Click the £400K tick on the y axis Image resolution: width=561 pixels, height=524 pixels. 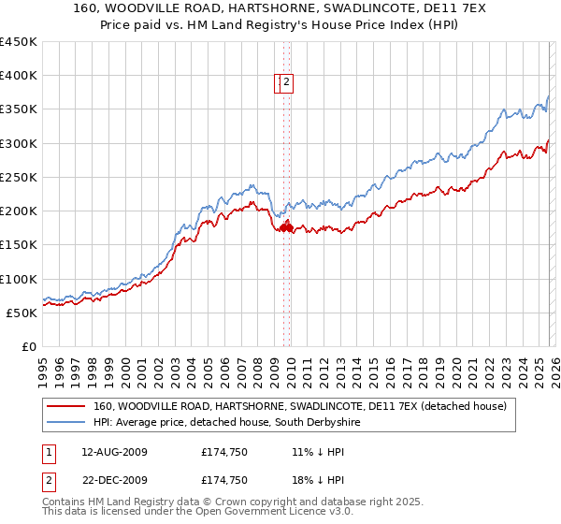tap(19, 76)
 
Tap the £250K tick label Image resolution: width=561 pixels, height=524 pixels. tap(19, 177)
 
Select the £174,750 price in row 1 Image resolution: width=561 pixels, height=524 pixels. tap(224, 451)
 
